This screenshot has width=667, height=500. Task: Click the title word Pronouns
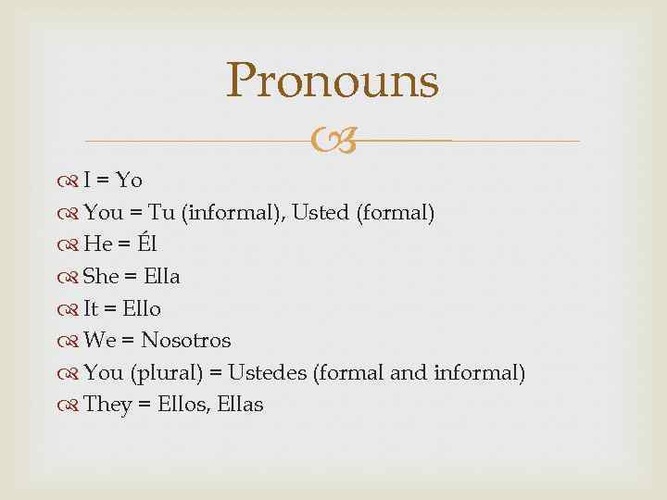(x=333, y=81)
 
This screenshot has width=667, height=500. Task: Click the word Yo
(x=129, y=180)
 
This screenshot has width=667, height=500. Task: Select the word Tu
(x=162, y=212)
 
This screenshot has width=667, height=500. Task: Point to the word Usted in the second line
(x=320, y=212)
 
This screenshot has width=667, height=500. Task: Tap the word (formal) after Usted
(x=395, y=212)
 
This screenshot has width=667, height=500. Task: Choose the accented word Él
(x=147, y=244)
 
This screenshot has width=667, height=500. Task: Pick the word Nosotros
(x=185, y=340)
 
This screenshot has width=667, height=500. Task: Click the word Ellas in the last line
(x=240, y=405)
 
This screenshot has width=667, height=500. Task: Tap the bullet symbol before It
(x=71, y=308)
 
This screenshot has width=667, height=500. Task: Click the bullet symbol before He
(x=71, y=244)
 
